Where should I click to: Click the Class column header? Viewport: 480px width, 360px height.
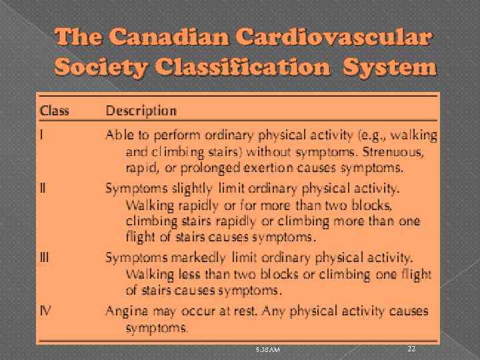coord(54,111)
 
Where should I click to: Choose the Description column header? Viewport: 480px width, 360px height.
coord(141,111)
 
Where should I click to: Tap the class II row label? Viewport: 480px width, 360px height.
coord(44,188)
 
